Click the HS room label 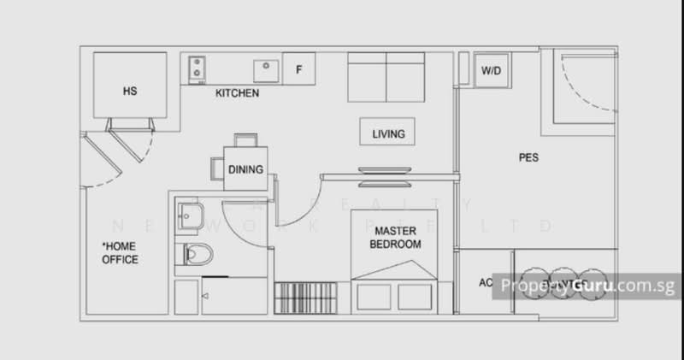[x=130, y=90]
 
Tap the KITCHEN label [x=237, y=92]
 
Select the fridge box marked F [x=298, y=68]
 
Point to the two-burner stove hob [x=198, y=68]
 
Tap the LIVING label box [x=387, y=133]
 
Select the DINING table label [x=245, y=169]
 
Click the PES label [x=528, y=157]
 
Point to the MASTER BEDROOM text [x=395, y=237]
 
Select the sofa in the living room [x=387, y=77]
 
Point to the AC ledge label [x=486, y=283]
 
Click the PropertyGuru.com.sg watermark [x=590, y=285]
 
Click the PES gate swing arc [x=590, y=94]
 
